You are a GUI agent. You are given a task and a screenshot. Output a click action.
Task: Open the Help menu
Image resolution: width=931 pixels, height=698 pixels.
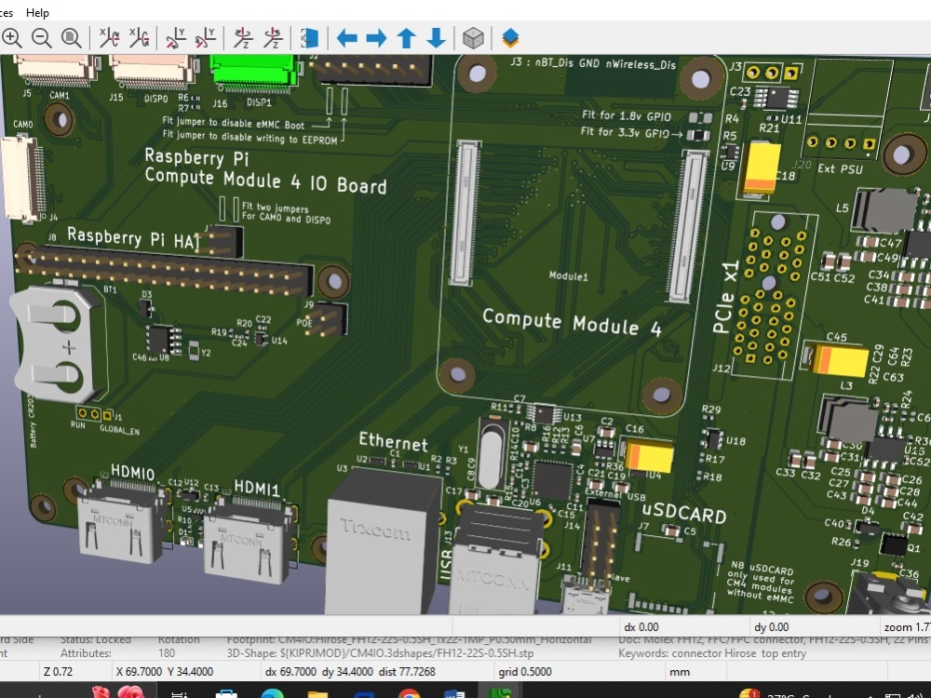point(38,13)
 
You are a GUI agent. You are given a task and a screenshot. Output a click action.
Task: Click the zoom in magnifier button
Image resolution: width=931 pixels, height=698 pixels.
point(12,38)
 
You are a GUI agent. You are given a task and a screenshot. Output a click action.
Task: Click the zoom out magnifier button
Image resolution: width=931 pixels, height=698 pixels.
point(42,38)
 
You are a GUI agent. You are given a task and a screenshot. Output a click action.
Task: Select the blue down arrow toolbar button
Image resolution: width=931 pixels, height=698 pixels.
point(436,38)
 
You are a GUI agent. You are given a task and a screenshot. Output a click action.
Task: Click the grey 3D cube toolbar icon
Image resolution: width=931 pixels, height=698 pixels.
point(473,38)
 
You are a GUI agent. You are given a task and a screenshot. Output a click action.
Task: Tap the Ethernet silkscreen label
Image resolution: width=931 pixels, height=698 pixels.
point(393,444)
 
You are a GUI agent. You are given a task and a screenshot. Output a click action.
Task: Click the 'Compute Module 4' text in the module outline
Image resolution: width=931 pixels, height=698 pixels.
point(572,322)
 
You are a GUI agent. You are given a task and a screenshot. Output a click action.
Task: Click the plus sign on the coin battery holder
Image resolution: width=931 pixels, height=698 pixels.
point(68,347)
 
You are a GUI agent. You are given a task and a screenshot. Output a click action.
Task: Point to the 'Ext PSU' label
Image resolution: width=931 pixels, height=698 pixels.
point(839,168)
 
